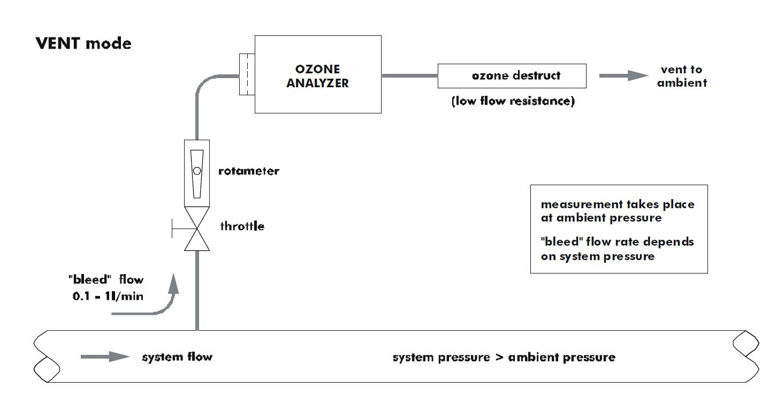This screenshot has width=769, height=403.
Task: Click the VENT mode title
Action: point(83,43)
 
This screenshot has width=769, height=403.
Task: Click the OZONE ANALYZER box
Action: point(317,74)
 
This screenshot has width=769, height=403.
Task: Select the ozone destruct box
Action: point(512,75)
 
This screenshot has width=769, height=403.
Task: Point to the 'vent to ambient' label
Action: point(682,76)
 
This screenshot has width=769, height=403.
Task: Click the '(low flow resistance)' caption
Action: point(513,101)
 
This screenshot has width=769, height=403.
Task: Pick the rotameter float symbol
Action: point(197,171)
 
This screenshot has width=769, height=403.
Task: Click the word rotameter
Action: point(249,171)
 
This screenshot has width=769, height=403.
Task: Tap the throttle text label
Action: point(242,226)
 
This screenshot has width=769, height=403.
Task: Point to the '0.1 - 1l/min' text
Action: point(108,295)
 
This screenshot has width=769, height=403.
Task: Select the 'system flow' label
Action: point(177,356)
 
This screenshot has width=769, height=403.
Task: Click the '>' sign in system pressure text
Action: point(498,357)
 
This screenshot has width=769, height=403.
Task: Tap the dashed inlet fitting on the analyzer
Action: point(247,74)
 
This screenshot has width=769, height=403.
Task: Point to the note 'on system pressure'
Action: point(597,256)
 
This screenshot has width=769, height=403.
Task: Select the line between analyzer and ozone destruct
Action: point(409,75)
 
